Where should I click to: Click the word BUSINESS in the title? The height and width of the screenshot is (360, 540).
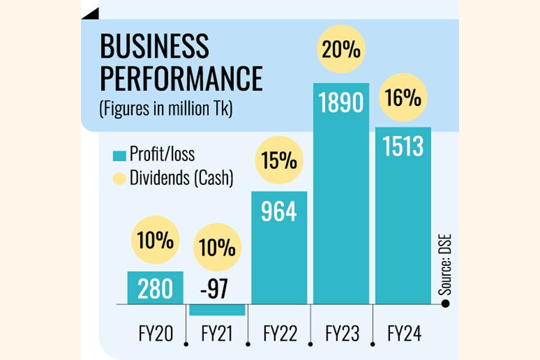(155, 47)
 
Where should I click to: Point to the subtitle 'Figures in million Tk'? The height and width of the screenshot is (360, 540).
(166, 110)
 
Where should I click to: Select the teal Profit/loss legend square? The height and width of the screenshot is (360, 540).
(119, 155)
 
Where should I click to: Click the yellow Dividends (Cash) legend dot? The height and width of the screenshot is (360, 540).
(119, 179)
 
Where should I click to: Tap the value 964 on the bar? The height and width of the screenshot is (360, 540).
(279, 212)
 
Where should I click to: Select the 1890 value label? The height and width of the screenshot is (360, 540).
(341, 103)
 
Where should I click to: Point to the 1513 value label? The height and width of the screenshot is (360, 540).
(403, 146)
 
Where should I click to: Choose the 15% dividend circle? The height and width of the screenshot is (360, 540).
(279, 161)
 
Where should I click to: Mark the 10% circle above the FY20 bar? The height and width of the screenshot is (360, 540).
(155, 242)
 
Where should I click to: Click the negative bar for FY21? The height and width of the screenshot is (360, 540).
(217, 310)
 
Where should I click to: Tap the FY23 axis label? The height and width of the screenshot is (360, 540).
(341, 334)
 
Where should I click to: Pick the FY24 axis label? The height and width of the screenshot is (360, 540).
(403, 334)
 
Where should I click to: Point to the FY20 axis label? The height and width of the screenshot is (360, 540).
(155, 334)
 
